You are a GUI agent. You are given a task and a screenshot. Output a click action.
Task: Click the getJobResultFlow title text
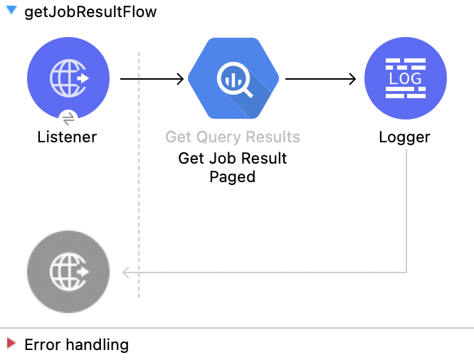click(x=90, y=13)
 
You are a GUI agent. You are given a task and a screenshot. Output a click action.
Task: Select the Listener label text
click(x=67, y=137)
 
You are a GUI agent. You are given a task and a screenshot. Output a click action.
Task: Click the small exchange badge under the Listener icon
click(x=68, y=118)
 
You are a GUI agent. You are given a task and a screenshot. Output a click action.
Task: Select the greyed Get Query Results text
click(x=233, y=137)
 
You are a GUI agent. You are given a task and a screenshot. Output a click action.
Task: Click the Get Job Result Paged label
click(x=233, y=167)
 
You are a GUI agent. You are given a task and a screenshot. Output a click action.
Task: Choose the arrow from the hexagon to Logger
click(x=320, y=79)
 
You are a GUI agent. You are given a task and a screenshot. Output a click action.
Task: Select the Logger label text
click(x=405, y=137)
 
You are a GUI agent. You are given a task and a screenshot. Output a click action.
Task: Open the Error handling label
click(x=77, y=345)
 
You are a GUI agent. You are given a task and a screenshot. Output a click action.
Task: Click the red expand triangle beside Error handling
click(x=11, y=344)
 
